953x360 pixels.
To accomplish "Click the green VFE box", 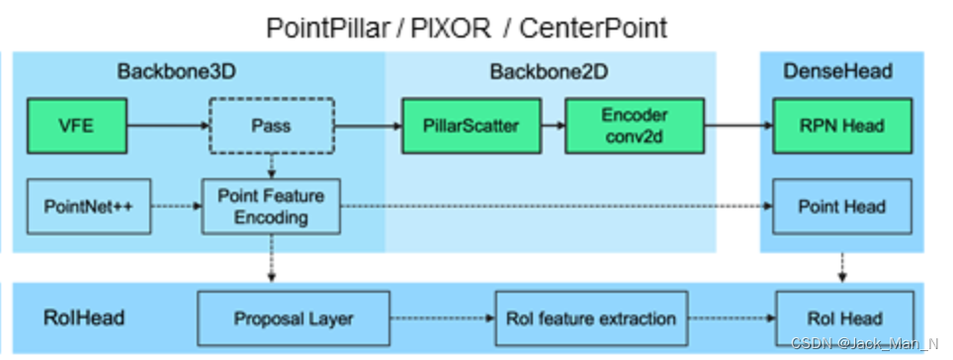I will [x=77, y=126].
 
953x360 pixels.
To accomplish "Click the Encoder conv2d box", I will [x=634, y=126].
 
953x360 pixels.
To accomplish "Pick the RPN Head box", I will [x=842, y=126].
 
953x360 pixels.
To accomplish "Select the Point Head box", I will [x=842, y=206].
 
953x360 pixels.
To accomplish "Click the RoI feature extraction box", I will [x=591, y=318].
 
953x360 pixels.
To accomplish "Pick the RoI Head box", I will [x=842, y=318].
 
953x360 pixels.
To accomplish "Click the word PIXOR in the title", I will [x=450, y=28].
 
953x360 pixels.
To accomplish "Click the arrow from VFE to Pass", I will [x=168, y=126].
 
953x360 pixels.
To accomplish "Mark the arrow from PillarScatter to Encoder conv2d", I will [x=551, y=126].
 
